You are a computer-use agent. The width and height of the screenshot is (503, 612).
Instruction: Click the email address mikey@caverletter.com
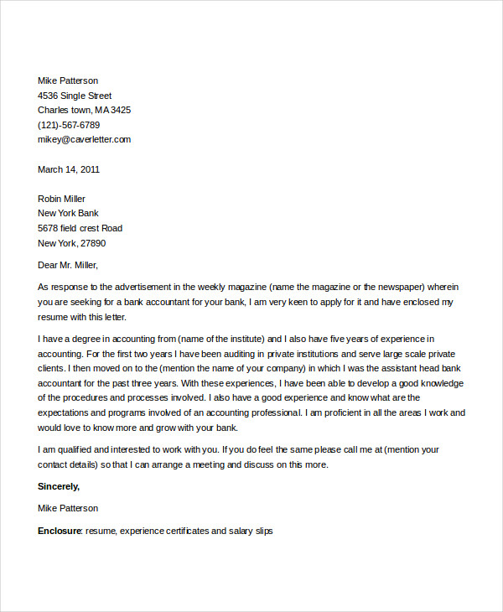(84, 139)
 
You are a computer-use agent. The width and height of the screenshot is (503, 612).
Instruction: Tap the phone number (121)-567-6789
(75, 125)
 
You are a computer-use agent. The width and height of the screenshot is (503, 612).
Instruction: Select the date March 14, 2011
(69, 169)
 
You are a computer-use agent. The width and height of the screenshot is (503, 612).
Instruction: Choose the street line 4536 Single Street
(75, 96)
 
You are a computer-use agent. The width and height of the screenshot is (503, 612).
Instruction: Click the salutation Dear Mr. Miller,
(68, 266)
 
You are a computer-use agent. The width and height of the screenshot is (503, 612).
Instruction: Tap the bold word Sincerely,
(59, 486)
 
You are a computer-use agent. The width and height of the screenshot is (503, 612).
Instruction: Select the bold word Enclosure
(60, 531)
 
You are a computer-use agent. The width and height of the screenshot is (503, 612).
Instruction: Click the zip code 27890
(91, 243)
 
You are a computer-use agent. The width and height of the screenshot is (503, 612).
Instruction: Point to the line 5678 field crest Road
(80, 228)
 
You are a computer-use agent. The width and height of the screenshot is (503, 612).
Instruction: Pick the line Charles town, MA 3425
(84, 110)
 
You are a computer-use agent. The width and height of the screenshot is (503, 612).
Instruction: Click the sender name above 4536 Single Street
(68, 80)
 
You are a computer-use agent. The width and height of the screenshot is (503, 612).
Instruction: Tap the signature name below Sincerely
(68, 508)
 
